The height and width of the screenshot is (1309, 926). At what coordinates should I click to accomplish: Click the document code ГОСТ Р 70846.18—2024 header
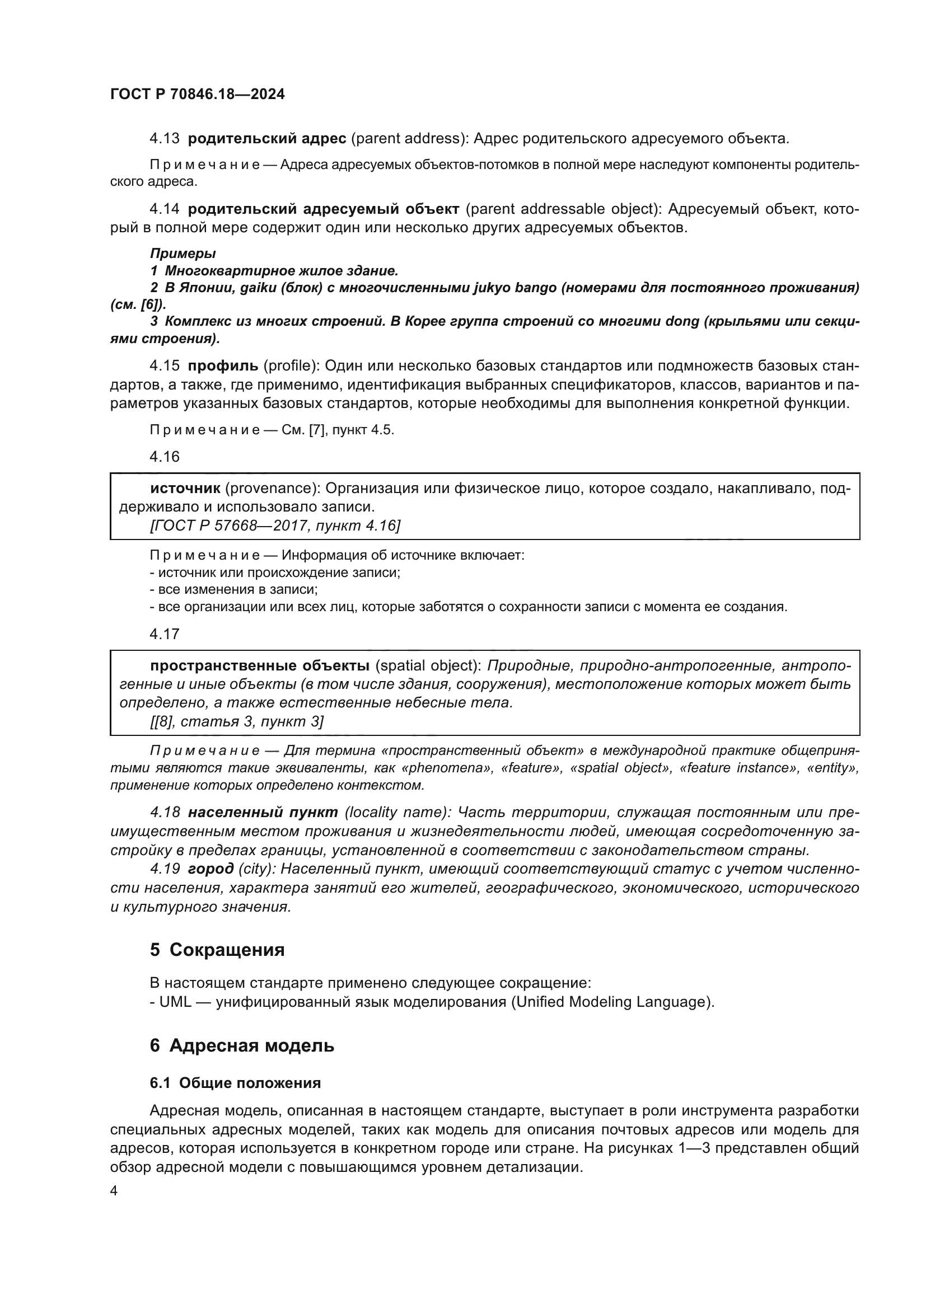pyautogui.click(x=197, y=94)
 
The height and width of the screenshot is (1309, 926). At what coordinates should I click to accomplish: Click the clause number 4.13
pyautogui.click(x=164, y=138)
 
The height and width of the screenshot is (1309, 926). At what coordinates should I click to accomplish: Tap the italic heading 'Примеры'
pyautogui.click(x=183, y=253)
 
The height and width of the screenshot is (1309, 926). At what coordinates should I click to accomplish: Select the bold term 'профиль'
pyautogui.click(x=223, y=365)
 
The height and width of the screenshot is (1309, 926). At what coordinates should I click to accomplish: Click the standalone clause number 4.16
pyautogui.click(x=164, y=456)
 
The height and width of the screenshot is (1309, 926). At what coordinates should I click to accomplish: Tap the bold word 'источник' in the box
pyautogui.click(x=185, y=488)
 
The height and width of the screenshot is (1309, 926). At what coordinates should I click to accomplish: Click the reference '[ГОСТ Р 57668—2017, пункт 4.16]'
pyautogui.click(x=275, y=525)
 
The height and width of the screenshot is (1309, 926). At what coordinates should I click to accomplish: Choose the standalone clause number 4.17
pyautogui.click(x=164, y=634)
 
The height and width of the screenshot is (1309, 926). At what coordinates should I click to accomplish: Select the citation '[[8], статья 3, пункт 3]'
pyautogui.click(x=237, y=721)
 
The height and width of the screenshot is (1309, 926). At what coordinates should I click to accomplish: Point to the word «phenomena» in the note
pyautogui.click(x=448, y=767)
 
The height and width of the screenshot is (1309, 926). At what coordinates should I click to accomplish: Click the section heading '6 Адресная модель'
pyautogui.click(x=242, y=1045)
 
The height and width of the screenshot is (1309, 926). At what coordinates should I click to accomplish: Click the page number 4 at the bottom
pyautogui.click(x=114, y=1191)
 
